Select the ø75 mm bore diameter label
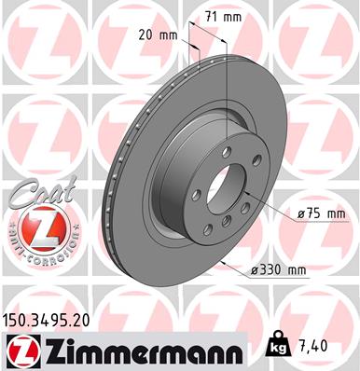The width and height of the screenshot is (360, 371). [320, 213]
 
